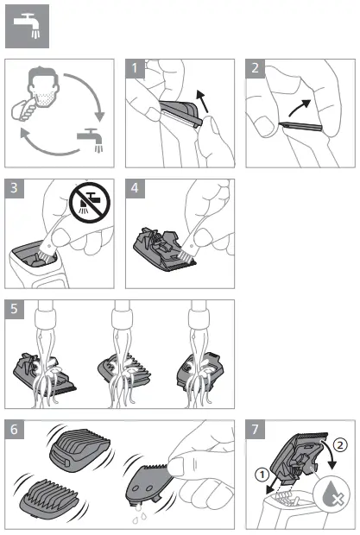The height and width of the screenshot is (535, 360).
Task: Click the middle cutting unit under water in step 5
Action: (128, 369)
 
